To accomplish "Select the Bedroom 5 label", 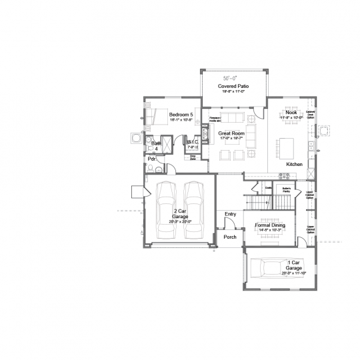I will (181, 115).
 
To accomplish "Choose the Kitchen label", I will (295, 163).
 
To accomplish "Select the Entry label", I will (231, 213).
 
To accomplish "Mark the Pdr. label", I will (152, 160).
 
